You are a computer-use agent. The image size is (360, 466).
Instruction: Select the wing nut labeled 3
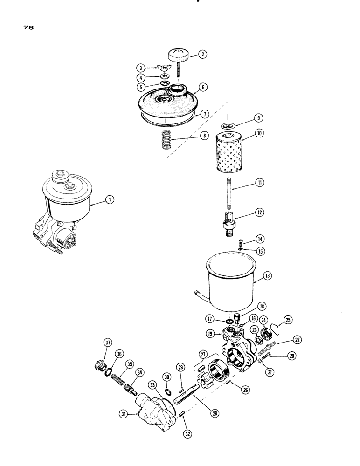click(166, 68)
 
